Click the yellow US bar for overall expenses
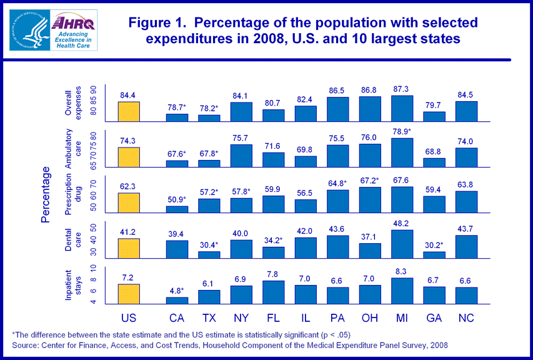pyautogui.click(x=129, y=111)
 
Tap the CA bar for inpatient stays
pyautogui.click(x=177, y=301)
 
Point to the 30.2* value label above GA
pyautogui.click(x=435, y=245)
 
